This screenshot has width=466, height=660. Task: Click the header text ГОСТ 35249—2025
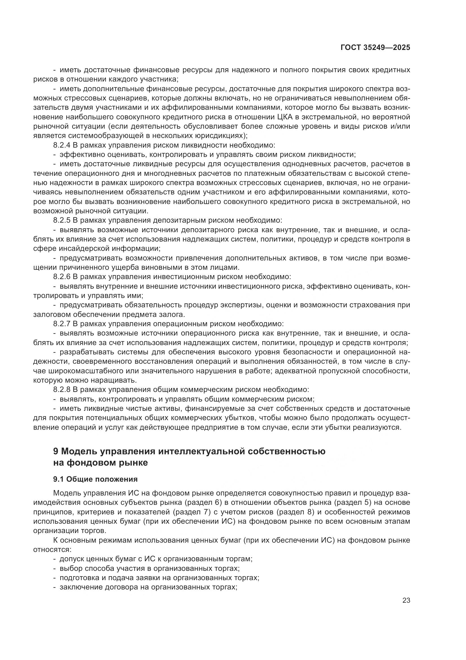[375, 48]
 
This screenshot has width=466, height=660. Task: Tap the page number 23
[406, 600]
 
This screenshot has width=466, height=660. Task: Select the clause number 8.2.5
[62, 220]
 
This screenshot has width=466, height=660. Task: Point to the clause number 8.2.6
[62, 277]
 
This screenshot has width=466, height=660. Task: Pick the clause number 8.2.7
[62, 324]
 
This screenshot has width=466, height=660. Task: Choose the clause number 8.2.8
[62, 390]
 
